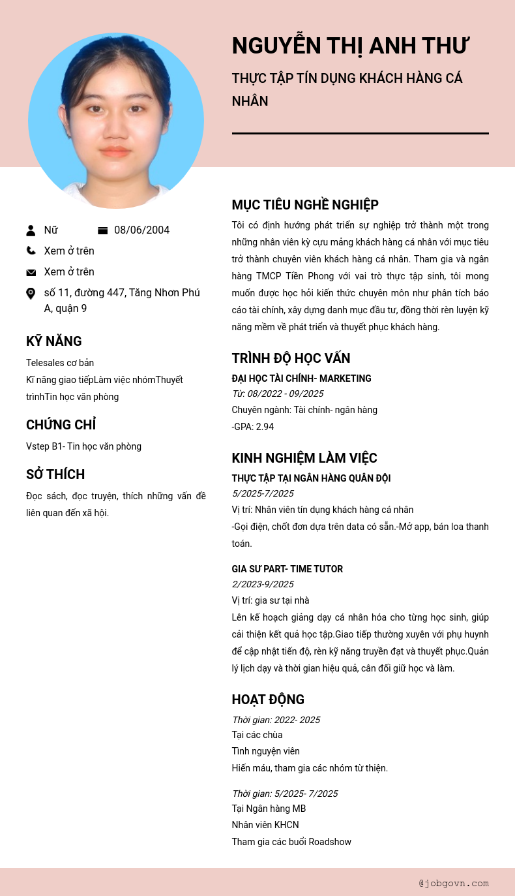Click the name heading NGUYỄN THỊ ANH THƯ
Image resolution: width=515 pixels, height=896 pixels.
point(350,46)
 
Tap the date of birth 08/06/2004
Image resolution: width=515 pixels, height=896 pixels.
point(141,230)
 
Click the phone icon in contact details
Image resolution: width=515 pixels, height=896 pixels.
point(31,251)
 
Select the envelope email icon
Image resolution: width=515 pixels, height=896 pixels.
point(31,272)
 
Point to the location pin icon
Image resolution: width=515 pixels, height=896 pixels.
point(31,294)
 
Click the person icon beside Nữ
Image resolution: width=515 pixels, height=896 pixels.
point(31,230)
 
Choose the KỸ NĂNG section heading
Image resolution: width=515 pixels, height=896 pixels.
point(54,341)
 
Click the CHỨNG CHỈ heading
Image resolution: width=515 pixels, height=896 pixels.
point(61,425)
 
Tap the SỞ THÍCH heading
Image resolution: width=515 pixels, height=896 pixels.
point(55,474)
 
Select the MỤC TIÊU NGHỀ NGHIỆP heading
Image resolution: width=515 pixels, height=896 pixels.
point(305,205)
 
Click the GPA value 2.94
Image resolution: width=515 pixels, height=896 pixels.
point(265,427)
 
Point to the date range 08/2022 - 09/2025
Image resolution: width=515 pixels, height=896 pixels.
point(286,394)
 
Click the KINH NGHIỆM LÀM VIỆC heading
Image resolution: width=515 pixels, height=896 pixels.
point(304,458)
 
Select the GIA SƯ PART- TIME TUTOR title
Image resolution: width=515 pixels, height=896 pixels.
point(287,569)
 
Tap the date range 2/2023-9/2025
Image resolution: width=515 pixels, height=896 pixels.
point(263,584)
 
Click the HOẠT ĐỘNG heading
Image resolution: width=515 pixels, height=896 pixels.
point(268,700)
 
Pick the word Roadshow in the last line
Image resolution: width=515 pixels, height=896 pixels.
point(330,842)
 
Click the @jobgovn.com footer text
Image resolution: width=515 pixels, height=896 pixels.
point(454,883)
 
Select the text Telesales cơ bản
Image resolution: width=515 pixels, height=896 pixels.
point(60,363)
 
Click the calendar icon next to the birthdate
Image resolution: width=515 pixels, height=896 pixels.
point(102,230)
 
